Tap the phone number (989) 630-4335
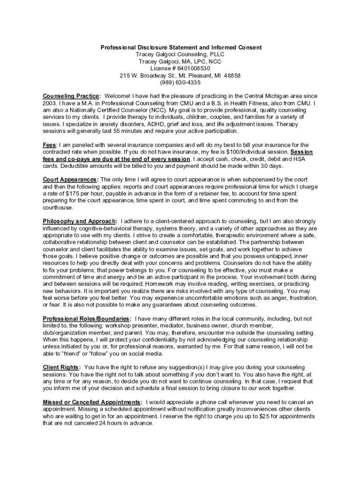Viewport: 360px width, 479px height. pos(180,82)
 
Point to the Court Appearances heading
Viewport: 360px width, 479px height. pos(70,179)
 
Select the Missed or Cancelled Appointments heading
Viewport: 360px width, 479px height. pos(92,402)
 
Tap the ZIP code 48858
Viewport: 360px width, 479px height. pos(232,75)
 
